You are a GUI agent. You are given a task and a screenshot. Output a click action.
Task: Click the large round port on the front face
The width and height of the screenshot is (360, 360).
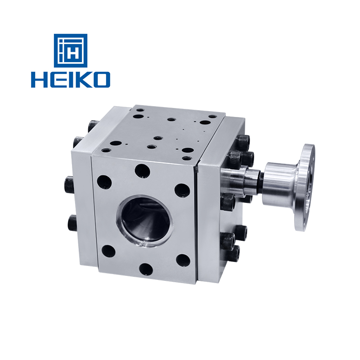tap(145, 220)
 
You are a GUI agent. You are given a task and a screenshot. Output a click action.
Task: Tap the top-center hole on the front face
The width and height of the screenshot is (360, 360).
tap(142, 171)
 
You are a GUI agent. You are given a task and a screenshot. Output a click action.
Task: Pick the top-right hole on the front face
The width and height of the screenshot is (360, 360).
tap(181, 189)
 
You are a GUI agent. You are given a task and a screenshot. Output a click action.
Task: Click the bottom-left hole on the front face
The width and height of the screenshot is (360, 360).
tap(108, 250)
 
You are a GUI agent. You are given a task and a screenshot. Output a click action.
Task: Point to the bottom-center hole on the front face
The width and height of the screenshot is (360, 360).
tap(146, 269)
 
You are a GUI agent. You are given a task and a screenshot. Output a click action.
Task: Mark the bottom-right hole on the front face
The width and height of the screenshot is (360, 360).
tap(183, 260)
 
